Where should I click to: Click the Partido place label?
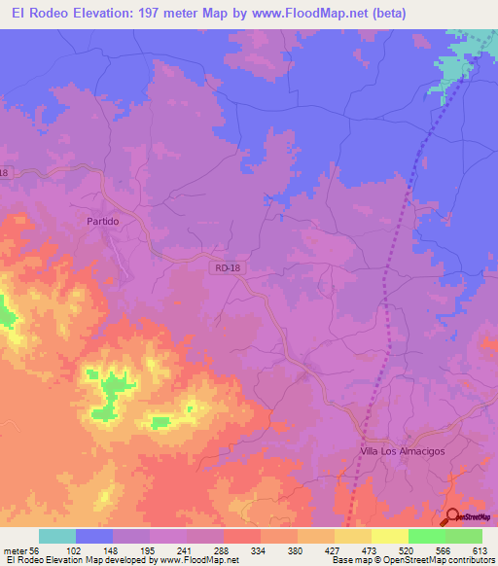pyautogui.click(x=102, y=222)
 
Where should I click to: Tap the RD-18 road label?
pyautogui.click(x=226, y=265)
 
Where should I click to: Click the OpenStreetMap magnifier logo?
pyautogui.click(x=453, y=517)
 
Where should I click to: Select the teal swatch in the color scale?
pyautogui.click(x=56, y=536)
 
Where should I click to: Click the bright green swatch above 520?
pyautogui.click(x=426, y=536)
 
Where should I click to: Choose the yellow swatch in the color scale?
pyautogui.click(x=389, y=536)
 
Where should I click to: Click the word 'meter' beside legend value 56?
pyautogui.click(x=18, y=549)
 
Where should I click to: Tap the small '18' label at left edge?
pyautogui.click(x=4, y=173)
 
